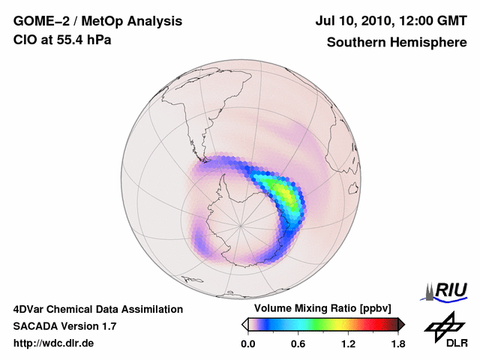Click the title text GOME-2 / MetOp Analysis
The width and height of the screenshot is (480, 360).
click(x=97, y=22)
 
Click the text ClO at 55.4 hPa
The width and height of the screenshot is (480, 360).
click(x=62, y=40)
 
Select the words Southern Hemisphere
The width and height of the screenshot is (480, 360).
click(x=395, y=42)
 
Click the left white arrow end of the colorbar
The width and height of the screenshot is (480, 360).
click(x=244, y=324)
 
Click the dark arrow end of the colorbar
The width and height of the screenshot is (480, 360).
click(x=401, y=324)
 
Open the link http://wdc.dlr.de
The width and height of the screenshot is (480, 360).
click(x=54, y=343)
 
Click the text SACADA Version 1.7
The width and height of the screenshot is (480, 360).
click(x=64, y=326)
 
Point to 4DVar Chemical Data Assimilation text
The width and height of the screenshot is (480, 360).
click(x=98, y=309)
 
